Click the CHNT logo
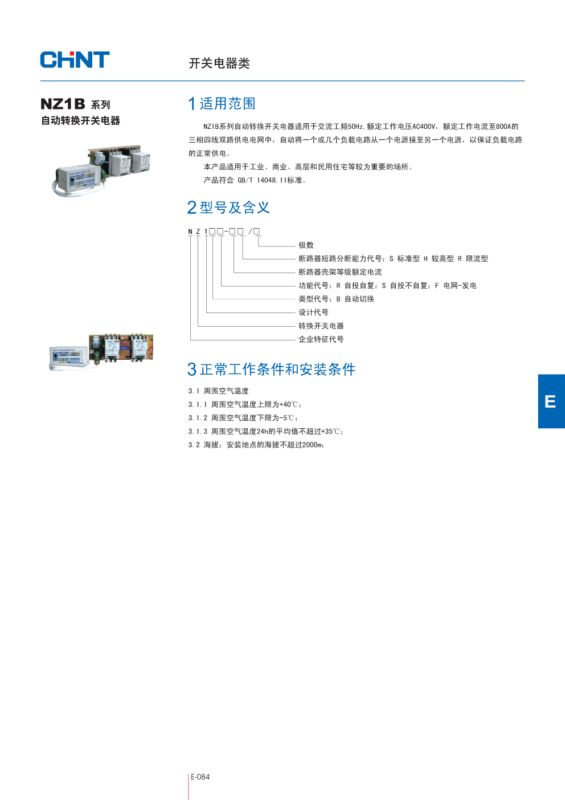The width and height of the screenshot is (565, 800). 75,60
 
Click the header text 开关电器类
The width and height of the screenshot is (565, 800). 219,63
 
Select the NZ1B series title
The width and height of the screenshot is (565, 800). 75,104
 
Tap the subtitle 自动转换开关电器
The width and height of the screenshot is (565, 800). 80,120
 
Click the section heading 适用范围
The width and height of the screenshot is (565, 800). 227,104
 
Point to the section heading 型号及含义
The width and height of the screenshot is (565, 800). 234,208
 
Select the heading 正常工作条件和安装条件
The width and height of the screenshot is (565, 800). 277,369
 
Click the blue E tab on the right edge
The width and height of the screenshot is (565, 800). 551,401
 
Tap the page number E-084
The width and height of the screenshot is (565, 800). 200,777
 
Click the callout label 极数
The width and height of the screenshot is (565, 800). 306,245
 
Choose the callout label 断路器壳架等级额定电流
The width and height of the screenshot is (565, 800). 340,272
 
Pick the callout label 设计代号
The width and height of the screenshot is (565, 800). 313,312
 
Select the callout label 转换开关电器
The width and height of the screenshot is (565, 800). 321,326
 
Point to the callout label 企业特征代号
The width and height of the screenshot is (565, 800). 321,339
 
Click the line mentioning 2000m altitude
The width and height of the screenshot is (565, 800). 256,445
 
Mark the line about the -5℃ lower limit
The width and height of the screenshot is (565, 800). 243,418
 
